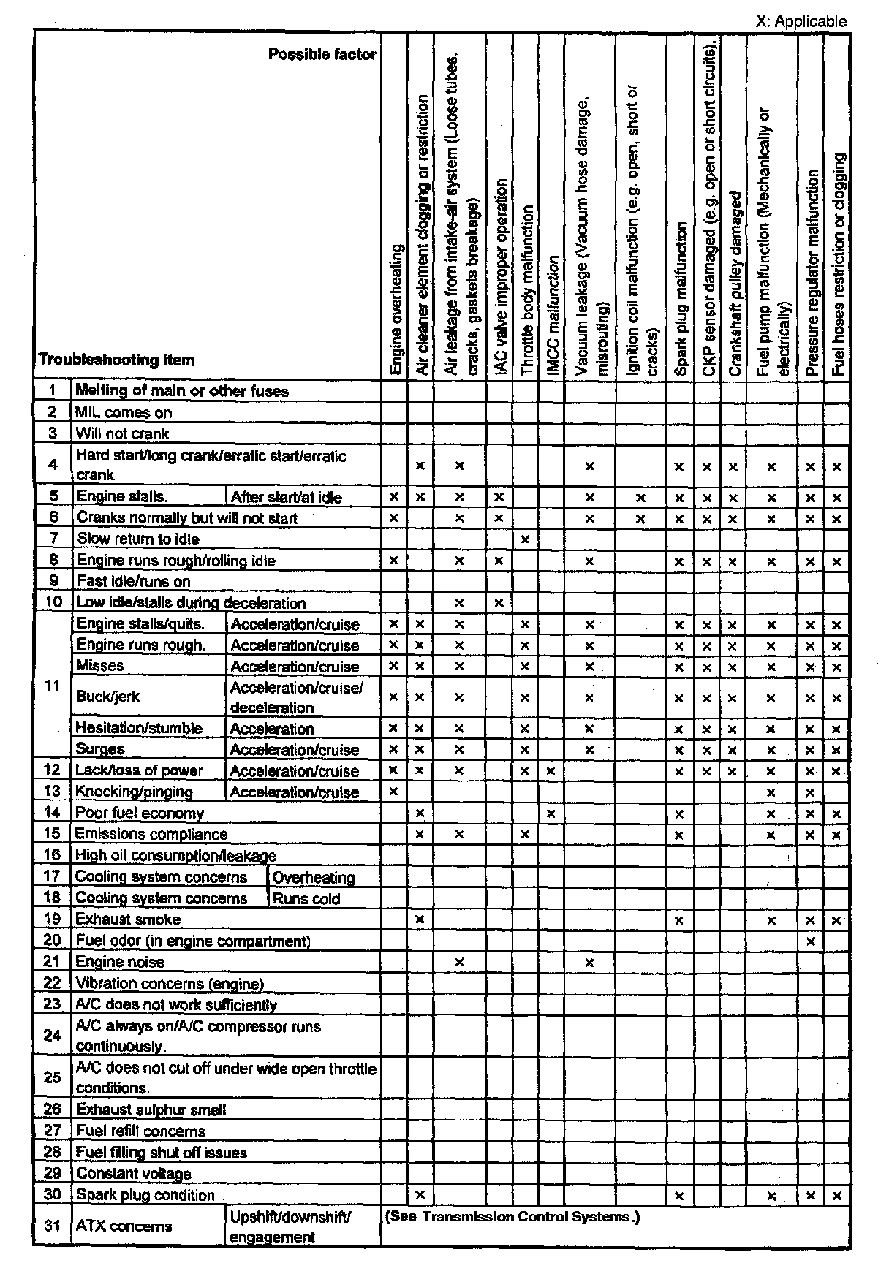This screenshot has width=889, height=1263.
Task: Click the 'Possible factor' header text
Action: (322, 55)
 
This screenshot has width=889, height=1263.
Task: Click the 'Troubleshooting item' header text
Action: (116, 360)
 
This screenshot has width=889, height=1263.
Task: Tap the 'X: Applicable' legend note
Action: (801, 21)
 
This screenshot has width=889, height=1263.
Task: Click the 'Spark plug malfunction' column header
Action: (680, 300)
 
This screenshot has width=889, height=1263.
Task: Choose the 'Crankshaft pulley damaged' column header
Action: (735, 284)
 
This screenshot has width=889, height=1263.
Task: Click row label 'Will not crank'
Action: (122, 433)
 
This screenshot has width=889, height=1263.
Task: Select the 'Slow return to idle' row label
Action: (138, 539)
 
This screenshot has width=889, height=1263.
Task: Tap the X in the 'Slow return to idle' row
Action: (525, 540)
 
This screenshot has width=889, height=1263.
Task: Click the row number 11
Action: (52, 686)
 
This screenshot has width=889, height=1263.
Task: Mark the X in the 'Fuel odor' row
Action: (810, 941)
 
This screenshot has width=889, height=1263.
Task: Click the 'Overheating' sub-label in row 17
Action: (314, 878)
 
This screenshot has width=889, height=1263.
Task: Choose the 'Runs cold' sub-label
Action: (306, 898)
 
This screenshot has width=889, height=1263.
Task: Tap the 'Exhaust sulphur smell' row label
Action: (151, 1110)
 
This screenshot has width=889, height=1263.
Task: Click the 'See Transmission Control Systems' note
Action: (511, 1217)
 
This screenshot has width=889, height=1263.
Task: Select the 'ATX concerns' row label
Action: (124, 1226)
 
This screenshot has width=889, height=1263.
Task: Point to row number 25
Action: (52, 1077)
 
